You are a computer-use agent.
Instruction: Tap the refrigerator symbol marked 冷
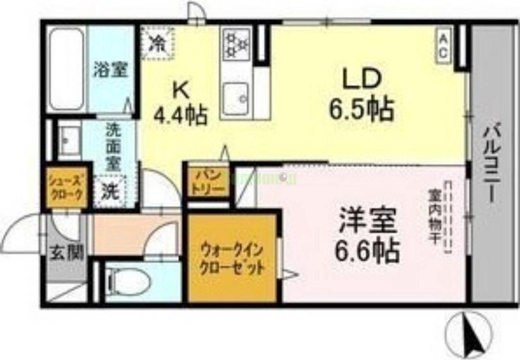158,43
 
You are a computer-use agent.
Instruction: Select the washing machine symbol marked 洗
108,192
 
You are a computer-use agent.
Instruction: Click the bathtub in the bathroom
67,68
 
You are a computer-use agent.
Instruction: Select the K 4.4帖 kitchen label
180,104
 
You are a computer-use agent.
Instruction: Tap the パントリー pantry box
208,181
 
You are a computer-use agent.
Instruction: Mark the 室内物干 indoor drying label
434,218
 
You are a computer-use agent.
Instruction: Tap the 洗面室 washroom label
113,148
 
